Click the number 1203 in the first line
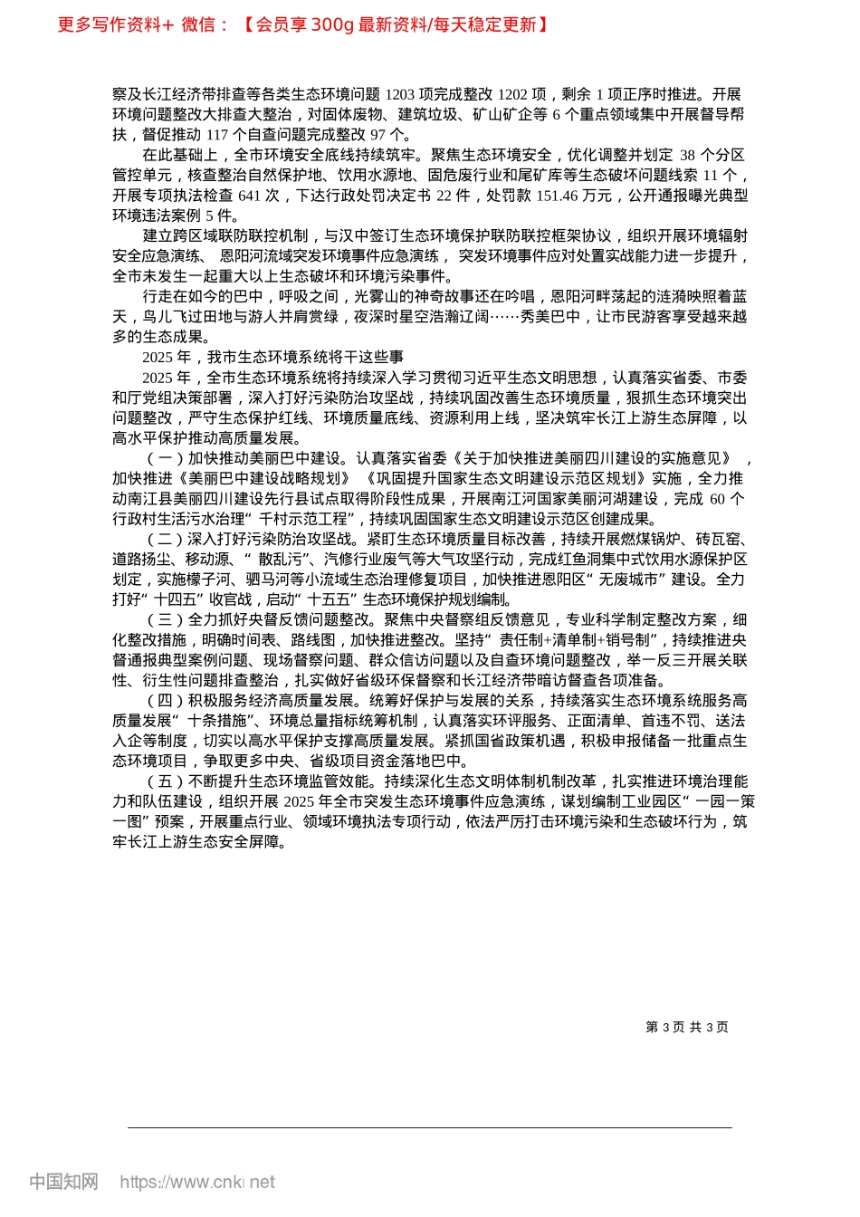(401, 94)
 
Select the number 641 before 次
(250, 196)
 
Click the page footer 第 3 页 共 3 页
(686, 1027)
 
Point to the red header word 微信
(198, 24)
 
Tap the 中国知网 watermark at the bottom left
(63, 1182)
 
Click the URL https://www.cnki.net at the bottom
(197, 1182)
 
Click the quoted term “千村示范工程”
(308, 519)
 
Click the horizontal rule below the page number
(430, 1127)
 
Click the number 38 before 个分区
(687, 155)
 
